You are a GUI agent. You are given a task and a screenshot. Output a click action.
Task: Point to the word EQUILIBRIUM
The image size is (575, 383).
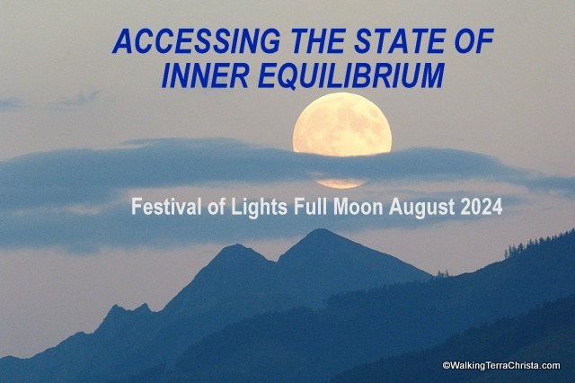point(351,76)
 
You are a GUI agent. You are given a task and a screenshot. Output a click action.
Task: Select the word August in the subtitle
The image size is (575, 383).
point(422,208)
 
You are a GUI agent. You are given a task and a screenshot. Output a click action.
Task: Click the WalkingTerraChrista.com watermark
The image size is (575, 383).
point(501,365)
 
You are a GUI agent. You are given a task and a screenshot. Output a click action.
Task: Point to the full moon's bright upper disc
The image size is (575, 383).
point(341,124)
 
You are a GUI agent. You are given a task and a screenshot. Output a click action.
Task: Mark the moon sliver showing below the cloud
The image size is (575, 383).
point(341,183)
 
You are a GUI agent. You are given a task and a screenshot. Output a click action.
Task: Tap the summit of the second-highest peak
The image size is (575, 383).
point(234,245)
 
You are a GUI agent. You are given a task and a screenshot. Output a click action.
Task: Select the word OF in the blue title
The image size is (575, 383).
point(474,40)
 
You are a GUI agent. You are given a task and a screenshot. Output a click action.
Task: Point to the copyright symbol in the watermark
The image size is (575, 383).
point(446,366)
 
